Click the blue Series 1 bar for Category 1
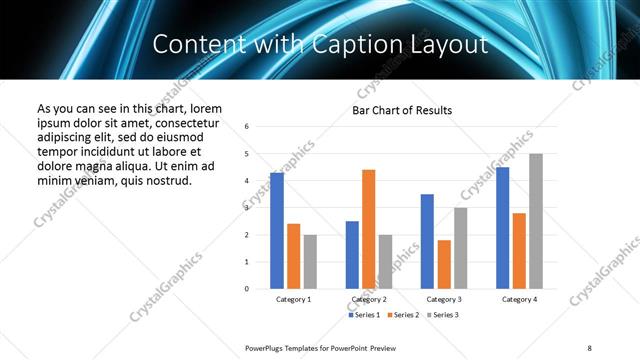click(277, 230)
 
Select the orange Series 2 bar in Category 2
click(369, 229)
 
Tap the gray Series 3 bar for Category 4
click(536, 221)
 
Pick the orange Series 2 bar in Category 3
click(445, 264)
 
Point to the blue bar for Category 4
click(502, 228)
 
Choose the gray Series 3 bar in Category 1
click(311, 261)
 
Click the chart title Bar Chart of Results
click(402, 110)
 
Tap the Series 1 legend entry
click(366, 315)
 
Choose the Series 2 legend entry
click(402, 315)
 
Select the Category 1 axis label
click(294, 299)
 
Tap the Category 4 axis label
click(519, 299)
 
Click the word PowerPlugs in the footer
click(268, 347)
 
